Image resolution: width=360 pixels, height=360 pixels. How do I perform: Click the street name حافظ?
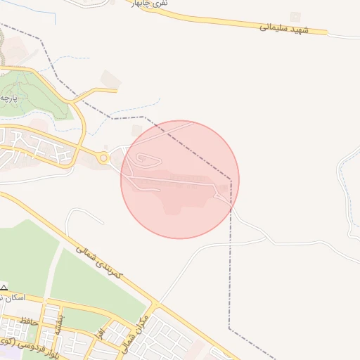[x=28, y=321]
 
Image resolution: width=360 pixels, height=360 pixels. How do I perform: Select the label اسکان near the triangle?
[x=15, y=298]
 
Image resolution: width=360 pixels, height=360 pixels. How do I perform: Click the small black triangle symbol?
[x=4, y=288]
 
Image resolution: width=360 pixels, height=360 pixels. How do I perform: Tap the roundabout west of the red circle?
[x=104, y=158]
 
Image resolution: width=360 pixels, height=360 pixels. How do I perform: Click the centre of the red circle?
[x=180, y=179]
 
